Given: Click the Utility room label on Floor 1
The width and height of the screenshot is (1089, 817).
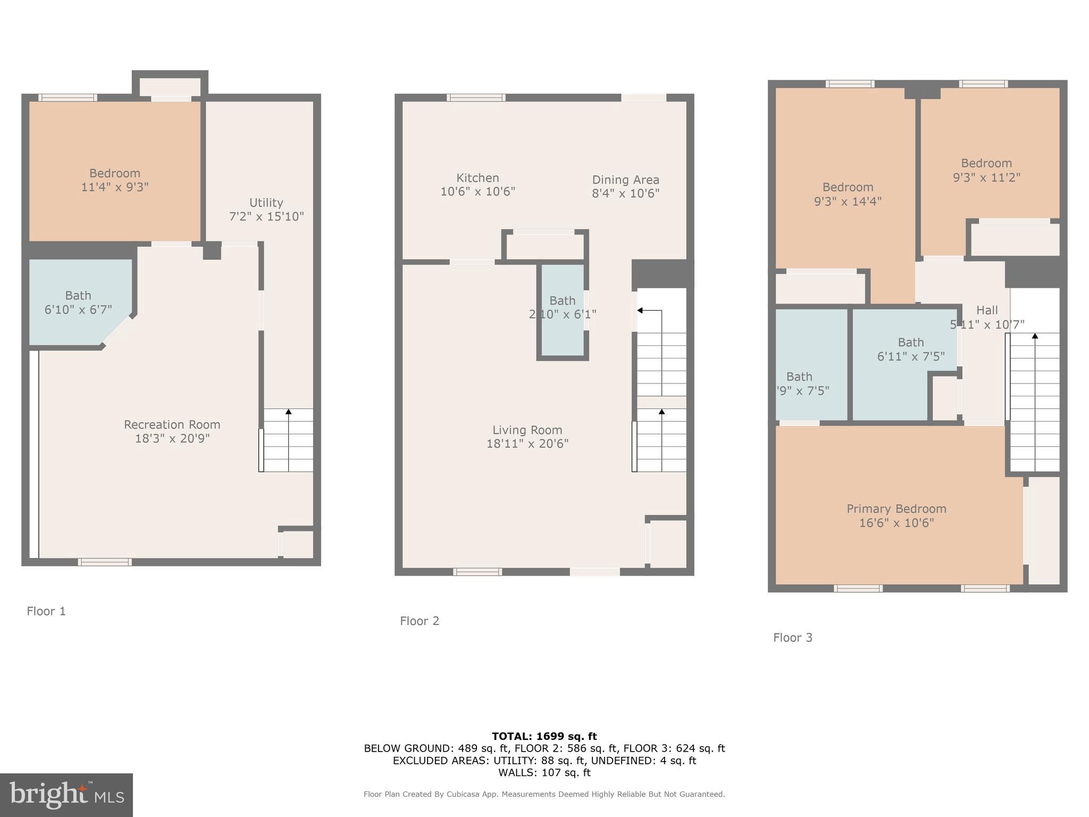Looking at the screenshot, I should [266, 203].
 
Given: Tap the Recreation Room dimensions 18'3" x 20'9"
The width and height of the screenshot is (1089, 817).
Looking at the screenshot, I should [172, 439].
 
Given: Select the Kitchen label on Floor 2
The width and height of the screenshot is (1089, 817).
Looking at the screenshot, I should [478, 178].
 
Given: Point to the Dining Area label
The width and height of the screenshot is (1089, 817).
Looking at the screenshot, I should [625, 180].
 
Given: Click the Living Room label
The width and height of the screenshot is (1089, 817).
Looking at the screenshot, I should [527, 430].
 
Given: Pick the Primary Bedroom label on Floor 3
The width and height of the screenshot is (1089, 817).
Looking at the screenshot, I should [896, 509].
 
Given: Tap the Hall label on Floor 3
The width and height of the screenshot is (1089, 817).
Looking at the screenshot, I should [987, 310].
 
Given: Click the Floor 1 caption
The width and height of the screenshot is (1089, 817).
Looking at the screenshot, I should [46, 611].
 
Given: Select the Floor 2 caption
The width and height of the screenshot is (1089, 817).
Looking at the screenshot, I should [420, 621].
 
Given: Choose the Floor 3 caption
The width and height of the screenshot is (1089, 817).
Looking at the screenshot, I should [792, 637].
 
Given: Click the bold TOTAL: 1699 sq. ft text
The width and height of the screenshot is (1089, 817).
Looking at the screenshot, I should [544, 736].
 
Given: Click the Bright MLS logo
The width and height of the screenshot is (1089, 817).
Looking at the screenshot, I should [66, 795].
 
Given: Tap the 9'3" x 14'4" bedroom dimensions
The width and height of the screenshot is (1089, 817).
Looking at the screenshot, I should [848, 202].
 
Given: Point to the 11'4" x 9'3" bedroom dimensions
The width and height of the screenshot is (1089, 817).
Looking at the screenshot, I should [114, 187].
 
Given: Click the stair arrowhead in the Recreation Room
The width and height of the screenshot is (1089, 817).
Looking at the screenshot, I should [289, 412].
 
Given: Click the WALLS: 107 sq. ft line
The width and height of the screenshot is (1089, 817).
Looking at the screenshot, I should [544, 773].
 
